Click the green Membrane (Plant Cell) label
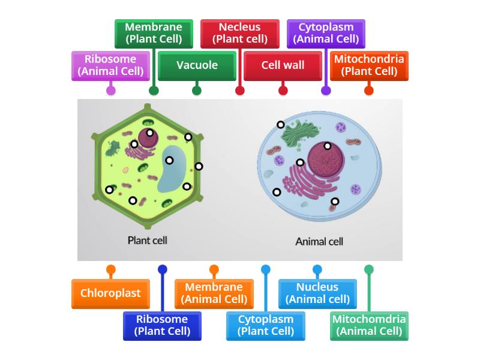click(154, 34)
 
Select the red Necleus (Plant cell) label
click(239, 34)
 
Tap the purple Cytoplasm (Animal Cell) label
click(326, 34)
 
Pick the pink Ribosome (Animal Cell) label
click(110, 65)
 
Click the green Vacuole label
click(197, 65)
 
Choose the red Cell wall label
click(283, 65)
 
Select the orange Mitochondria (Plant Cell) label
click(369, 65)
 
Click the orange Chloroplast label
click(110, 293)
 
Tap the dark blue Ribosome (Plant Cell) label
click(162, 325)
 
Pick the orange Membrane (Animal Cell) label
click(214, 293)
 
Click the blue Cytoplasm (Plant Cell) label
click(266, 325)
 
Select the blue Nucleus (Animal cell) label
click(317, 293)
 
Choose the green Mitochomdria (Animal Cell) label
click(369, 325)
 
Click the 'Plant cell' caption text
click(147, 240)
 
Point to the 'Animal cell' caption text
click(319, 242)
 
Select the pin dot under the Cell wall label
click(283, 91)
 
